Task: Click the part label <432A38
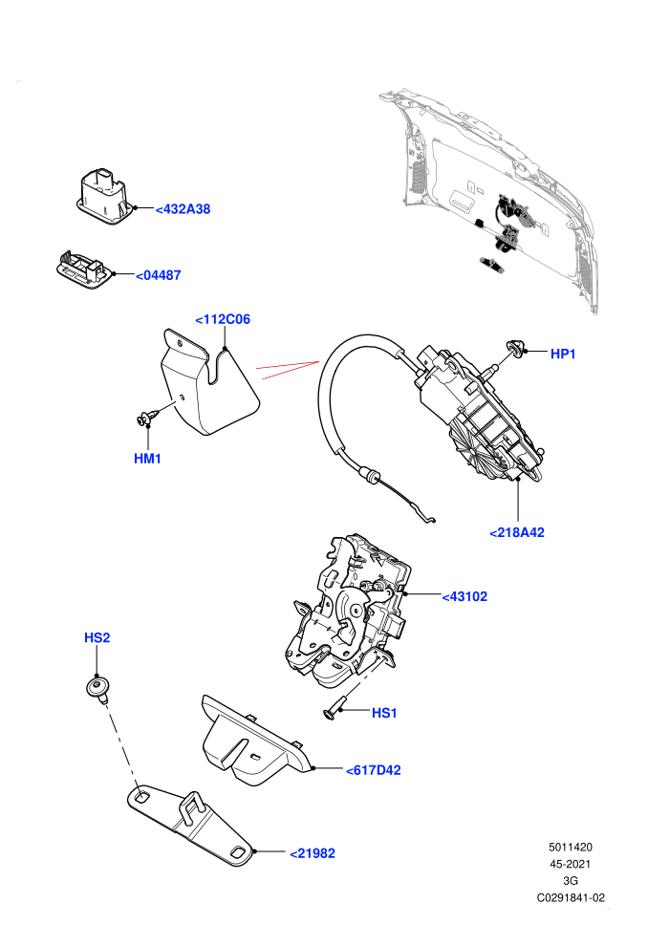[183, 209]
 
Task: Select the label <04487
[158, 275]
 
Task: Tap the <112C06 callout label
[223, 319]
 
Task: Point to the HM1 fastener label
[147, 459]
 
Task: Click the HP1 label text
[563, 354]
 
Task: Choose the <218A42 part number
[517, 532]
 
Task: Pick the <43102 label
[464, 596]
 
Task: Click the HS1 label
[384, 713]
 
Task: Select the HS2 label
[97, 637]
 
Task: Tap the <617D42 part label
[374, 770]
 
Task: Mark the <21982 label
[313, 853]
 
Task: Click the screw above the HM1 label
[148, 417]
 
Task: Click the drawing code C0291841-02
[571, 897]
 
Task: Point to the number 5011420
[571, 847]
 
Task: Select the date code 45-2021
[571, 864]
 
